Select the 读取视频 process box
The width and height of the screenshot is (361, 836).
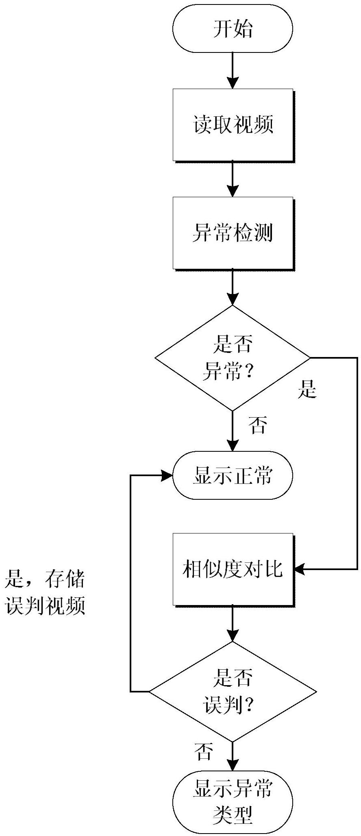(x=233, y=124)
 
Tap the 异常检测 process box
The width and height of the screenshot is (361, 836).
(x=233, y=233)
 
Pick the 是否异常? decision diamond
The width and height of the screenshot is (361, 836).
(x=233, y=358)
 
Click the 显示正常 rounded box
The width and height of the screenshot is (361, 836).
(x=233, y=475)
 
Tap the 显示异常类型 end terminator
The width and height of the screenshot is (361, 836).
(x=233, y=801)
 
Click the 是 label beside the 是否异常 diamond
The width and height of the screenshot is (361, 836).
(x=307, y=391)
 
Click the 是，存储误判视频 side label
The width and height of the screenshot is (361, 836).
(x=45, y=592)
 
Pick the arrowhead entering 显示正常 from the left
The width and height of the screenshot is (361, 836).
(x=167, y=475)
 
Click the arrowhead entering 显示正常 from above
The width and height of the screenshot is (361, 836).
(x=233, y=446)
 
